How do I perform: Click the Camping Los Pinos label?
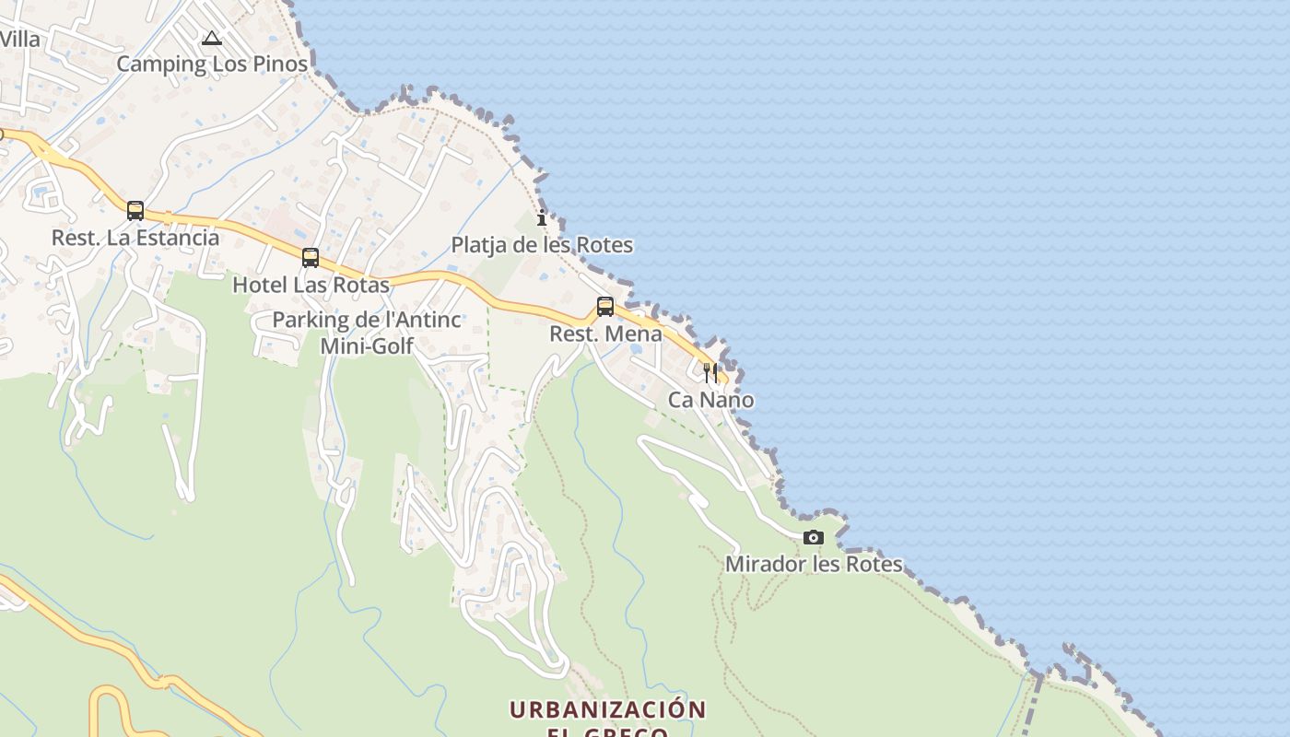pyautogui.click(x=212, y=64)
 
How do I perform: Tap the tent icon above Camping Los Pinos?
pyautogui.click(x=212, y=39)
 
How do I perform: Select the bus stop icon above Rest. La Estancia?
pyautogui.click(x=135, y=211)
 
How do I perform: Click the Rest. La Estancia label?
pyautogui.click(x=135, y=238)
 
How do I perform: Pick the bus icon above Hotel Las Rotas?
pyautogui.click(x=311, y=258)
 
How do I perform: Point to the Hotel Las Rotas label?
pyautogui.click(x=311, y=285)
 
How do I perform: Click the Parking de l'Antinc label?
pyautogui.click(x=367, y=321)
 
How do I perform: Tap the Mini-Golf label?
pyautogui.click(x=367, y=346)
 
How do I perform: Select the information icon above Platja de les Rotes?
pyautogui.click(x=542, y=218)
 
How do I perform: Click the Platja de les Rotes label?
pyautogui.click(x=542, y=245)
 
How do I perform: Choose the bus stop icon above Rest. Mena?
pyautogui.click(x=605, y=307)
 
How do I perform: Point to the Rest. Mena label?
pyautogui.click(x=605, y=333)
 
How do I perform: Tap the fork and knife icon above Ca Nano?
pyautogui.click(x=710, y=373)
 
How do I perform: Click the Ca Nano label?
pyautogui.click(x=710, y=400)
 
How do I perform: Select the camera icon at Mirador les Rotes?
pyautogui.click(x=813, y=537)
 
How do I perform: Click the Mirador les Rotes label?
pyautogui.click(x=814, y=564)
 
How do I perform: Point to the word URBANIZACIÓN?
pyautogui.click(x=607, y=710)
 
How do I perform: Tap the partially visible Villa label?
pyautogui.click(x=20, y=40)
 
